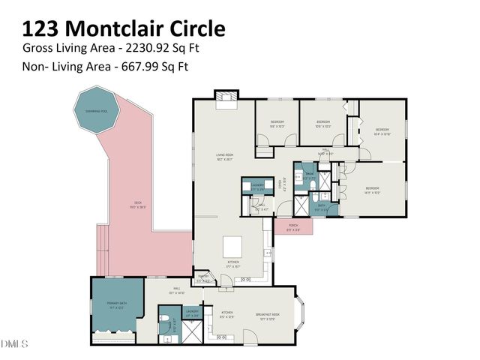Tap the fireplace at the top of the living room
224,99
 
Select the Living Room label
225,156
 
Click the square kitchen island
233,245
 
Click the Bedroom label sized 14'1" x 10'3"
373,190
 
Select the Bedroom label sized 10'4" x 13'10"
382,130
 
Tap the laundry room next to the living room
257,186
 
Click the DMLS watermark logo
14,344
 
